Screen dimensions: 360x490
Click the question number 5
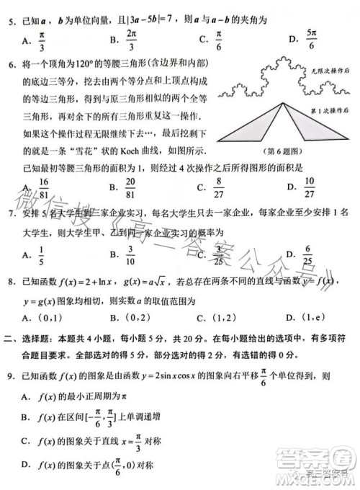coord(10,13)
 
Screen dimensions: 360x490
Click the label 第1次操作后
coord(328,110)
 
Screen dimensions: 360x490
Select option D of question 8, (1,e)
coord(302,318)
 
